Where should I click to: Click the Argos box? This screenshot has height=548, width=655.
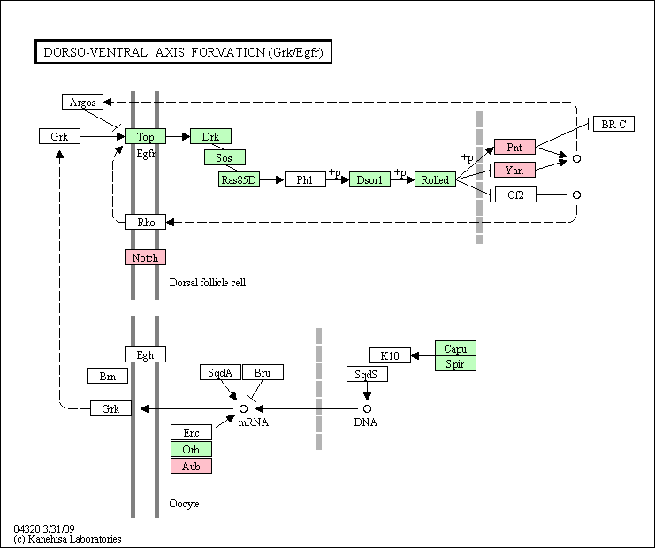coord(83,102)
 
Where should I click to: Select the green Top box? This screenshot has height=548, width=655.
coord(145,136)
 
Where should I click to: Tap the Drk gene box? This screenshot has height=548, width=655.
coord(210,136)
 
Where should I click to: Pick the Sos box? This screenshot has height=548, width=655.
coord(225,157)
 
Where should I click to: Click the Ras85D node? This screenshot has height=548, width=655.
coord(239,179)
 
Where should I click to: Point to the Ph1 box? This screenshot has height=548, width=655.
coord(305,179)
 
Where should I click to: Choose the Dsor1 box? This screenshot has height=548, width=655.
coord(369,179)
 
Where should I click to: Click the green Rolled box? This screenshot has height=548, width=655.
coord(435,179)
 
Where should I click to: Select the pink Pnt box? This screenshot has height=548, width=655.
coord(514,147)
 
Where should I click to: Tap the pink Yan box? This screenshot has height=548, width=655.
coord(514,170)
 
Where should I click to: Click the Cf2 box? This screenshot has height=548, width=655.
coord(515,194)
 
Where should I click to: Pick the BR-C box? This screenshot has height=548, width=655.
coord(614,124)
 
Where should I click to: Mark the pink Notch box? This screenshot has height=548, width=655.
coord(145,257)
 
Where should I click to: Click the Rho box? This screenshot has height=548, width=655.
coord(145,222)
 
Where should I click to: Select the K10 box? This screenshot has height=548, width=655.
coord(390,355)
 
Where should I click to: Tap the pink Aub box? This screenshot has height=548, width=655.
coord(191,466)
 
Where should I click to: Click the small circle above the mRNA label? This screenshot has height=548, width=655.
coord(244,408)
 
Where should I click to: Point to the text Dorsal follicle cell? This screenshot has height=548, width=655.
coord(208,283)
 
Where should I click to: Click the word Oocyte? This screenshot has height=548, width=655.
coord(184,504)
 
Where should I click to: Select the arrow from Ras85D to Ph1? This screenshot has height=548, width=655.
coord(272,179)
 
